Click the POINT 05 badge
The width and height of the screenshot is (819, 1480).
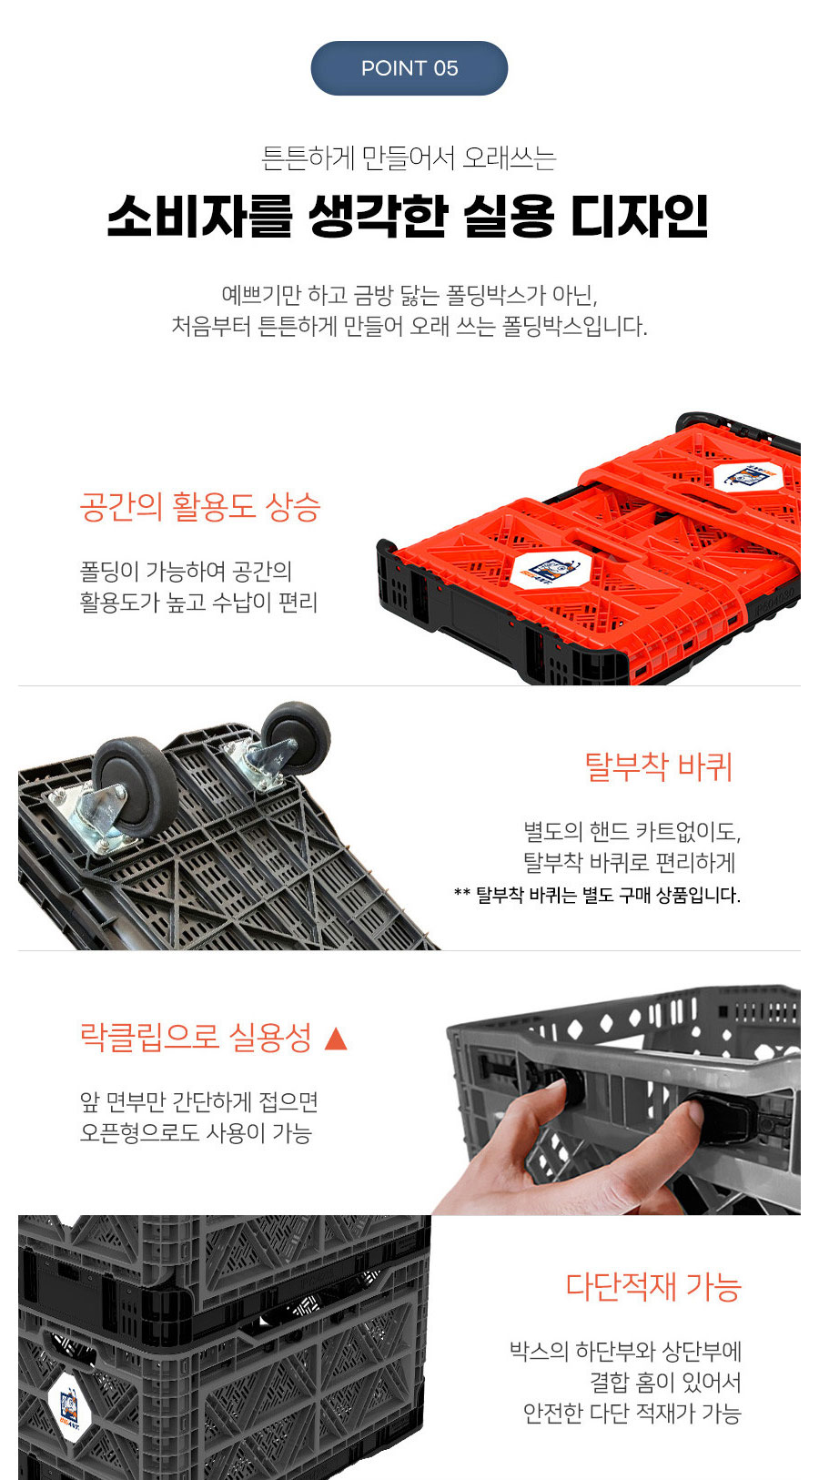409,68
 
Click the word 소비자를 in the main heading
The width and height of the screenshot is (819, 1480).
199,216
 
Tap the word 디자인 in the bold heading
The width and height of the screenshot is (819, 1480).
640,216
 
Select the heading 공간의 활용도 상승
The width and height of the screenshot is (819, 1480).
200,507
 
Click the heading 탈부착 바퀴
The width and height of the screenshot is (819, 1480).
659,767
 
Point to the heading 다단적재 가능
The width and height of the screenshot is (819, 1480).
654,1286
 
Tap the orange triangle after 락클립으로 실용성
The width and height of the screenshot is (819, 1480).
336,1038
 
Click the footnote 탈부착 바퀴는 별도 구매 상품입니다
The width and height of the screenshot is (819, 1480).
608,896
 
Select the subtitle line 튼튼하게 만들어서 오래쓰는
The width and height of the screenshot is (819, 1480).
409,157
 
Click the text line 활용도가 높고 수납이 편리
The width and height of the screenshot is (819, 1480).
198,602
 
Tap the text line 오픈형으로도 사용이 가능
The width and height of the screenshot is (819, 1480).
196,1132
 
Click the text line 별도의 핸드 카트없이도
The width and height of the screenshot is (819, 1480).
632,831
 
